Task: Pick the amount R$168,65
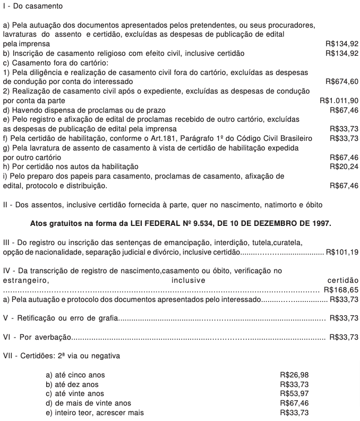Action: pyautogui.click(x=341, y=290)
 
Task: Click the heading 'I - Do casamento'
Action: pyautogui.click(x=32, y=6)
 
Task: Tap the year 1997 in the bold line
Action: pyautogui.click(x=321, y=223)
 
